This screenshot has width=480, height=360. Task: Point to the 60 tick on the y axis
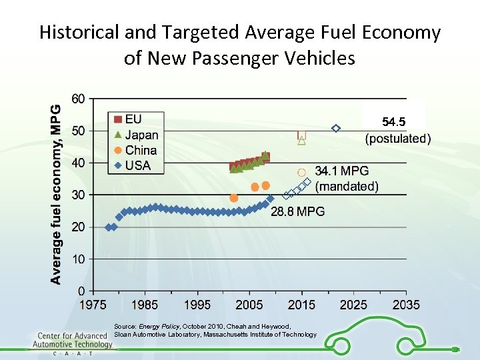[78, 99]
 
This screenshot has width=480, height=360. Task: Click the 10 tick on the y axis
[78, 259]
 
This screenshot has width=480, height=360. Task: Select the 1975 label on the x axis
[93, 305]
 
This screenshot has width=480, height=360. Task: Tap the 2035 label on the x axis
[406, 305]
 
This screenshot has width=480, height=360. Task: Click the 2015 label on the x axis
[301, 305]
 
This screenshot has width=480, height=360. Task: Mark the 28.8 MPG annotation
[297, 211]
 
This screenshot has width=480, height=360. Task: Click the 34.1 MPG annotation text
[341, 171]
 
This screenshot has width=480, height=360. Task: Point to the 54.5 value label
[393, 122]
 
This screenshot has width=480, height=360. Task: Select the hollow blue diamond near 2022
[336, 128]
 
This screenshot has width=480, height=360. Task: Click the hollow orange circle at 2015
[301, 172]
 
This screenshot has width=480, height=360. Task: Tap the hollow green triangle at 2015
[301, 141]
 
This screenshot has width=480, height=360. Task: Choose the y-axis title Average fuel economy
[57, 193]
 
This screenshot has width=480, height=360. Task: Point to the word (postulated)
[398, 139]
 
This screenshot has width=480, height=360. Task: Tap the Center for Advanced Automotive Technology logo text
[75, 341]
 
